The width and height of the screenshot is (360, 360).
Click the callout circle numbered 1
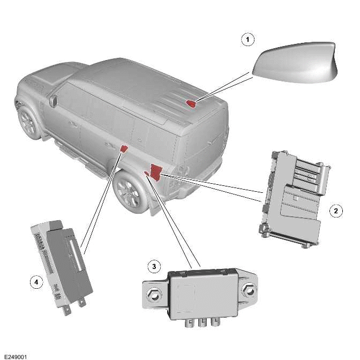tap(247, 40)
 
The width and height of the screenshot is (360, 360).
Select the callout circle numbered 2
tap(335, 211)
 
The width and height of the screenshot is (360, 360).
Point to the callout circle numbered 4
tap(35, 282)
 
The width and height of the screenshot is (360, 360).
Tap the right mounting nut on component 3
tap(249, 292)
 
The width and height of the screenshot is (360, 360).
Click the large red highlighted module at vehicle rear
tap(156, 171)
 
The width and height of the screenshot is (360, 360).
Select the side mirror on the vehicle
tap(53, 100)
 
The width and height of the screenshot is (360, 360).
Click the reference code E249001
tap(14, 356)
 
